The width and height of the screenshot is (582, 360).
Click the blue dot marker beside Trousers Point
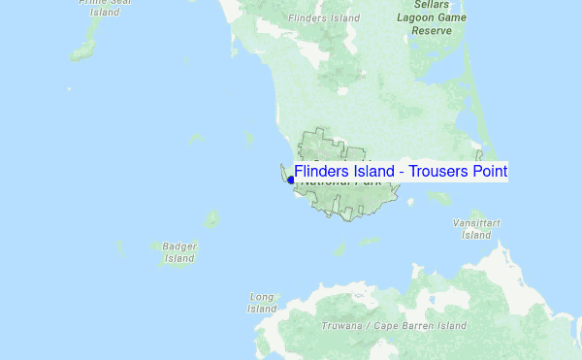(290, 180)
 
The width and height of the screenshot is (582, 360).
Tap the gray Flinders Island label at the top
(324, 17)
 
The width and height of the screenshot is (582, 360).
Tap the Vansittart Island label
(476, 229)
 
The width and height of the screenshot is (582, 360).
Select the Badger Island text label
(179, 252)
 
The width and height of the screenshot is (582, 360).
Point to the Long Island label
(262, 303)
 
